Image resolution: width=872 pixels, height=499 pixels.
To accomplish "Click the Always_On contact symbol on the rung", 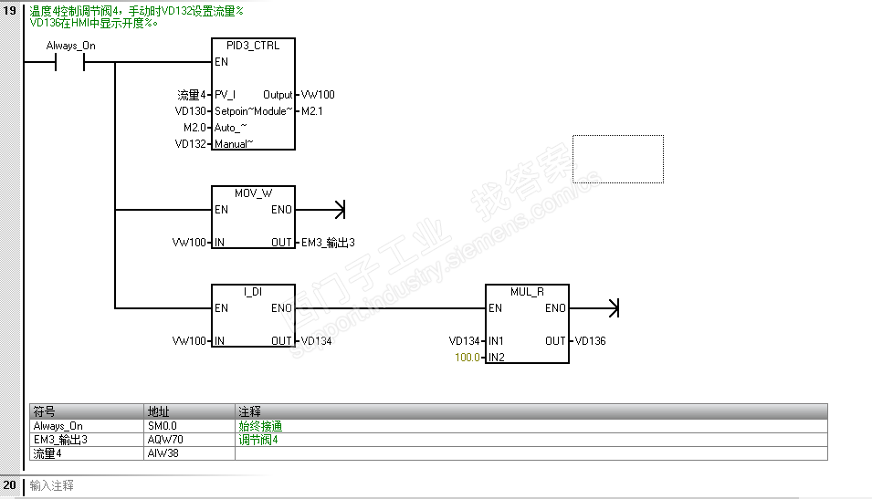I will tap(70, 63).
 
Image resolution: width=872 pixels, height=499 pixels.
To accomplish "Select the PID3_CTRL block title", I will tap(252, 46).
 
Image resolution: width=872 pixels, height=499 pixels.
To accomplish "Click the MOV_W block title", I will tap(252, 193).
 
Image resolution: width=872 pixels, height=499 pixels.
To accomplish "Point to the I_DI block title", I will tap(252, 292).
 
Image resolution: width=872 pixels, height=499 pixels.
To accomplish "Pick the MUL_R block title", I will tap(527, 292).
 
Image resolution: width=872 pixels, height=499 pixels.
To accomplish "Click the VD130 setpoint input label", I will tap(191, 111).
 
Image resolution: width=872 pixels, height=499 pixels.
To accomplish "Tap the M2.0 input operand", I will tap(194, 128).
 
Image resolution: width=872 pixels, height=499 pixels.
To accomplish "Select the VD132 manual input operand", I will tap(191, 144).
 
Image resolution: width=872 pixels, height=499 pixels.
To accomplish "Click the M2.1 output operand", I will tap(312, 111).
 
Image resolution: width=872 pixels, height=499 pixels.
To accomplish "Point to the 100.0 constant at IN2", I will tap(467, 358).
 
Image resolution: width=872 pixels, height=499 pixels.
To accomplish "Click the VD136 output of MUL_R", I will tap(590, 341).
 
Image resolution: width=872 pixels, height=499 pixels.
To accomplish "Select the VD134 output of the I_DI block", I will tap(316, 341).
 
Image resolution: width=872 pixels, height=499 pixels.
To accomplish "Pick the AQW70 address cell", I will tap(163, 440).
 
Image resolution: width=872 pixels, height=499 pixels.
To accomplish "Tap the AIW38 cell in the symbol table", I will tap(162, 453).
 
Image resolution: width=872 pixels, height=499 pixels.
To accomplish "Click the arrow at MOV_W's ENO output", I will tap(339, 210).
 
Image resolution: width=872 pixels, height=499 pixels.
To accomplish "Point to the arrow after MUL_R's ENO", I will tap(613, 308).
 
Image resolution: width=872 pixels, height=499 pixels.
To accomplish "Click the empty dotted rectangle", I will tap(617, 159).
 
